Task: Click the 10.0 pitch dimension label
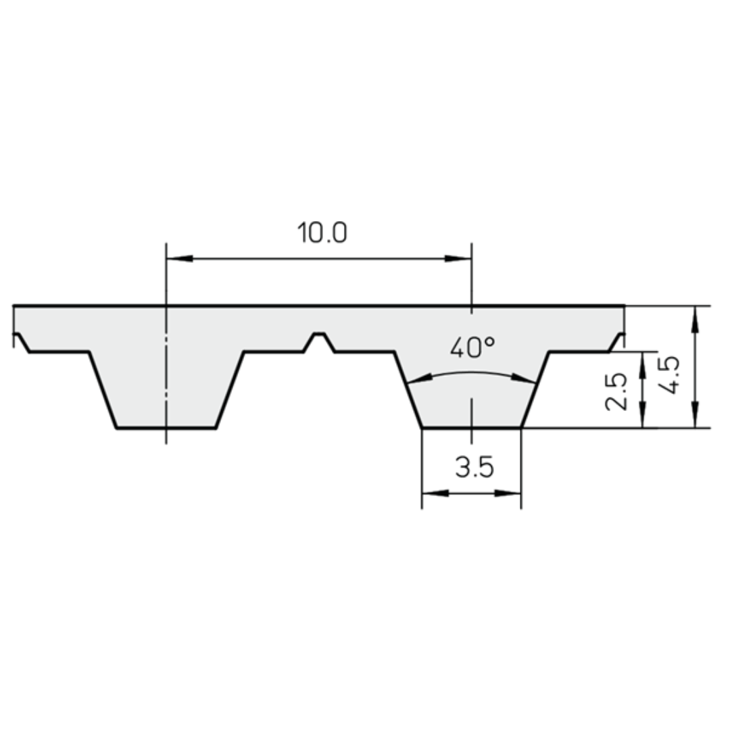pos(322,233)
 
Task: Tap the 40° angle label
pos(472,348)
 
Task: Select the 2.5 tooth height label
pos(616,391)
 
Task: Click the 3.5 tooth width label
pos(474,466)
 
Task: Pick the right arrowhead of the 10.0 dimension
pos(458,258)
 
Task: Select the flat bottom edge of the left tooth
pos(166,428)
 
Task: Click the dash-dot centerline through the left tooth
pos(166,379)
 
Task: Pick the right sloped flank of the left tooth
pos(230,390)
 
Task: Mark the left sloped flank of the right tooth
pos(408,390)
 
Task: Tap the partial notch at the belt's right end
pos(616,341)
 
